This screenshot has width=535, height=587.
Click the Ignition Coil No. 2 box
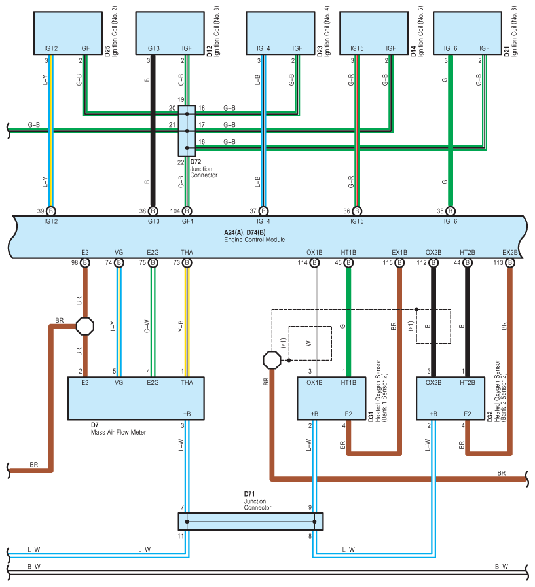tap(68, 33)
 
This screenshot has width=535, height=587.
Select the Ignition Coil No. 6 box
tap(468, 33)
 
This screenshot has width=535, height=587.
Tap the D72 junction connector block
tap(187, 131)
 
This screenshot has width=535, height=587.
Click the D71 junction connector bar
tap(251, 522)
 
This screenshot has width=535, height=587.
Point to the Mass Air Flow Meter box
tap(136, 399)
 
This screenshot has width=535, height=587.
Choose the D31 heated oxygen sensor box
tap(331, 399)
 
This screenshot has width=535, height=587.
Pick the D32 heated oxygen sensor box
tap(451, 399)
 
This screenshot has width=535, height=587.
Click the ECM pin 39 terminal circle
tap(51, 211)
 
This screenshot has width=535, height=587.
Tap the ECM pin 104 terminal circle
tap(187, 211)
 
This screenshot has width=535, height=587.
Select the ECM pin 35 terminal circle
tap(451, 211)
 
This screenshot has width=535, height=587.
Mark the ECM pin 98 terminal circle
tap(85, 263)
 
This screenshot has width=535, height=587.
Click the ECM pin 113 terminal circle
tap(510, 263)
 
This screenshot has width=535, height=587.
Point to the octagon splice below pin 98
tap(85, 327)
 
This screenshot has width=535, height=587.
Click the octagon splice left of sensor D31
tap(272, 360)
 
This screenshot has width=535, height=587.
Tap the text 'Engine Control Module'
tap(254, 240)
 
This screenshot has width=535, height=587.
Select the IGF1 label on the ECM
tap(187, 221)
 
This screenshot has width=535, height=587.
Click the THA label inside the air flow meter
tap(187, 383)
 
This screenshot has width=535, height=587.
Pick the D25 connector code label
tap(107, 51)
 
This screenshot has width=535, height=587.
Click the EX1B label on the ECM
tap(399, 253)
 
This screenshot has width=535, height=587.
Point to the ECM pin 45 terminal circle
tap(348, 263)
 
